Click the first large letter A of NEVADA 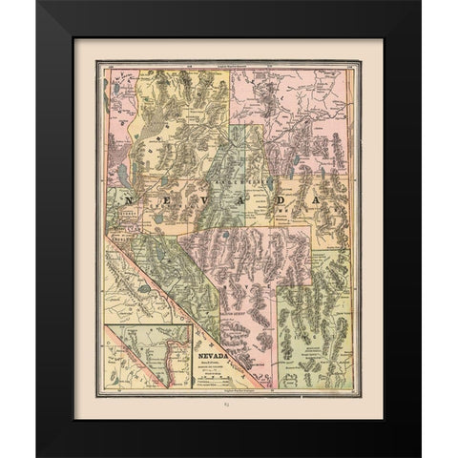click(x=235, y=201)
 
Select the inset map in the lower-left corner click(x=149, y=355)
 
